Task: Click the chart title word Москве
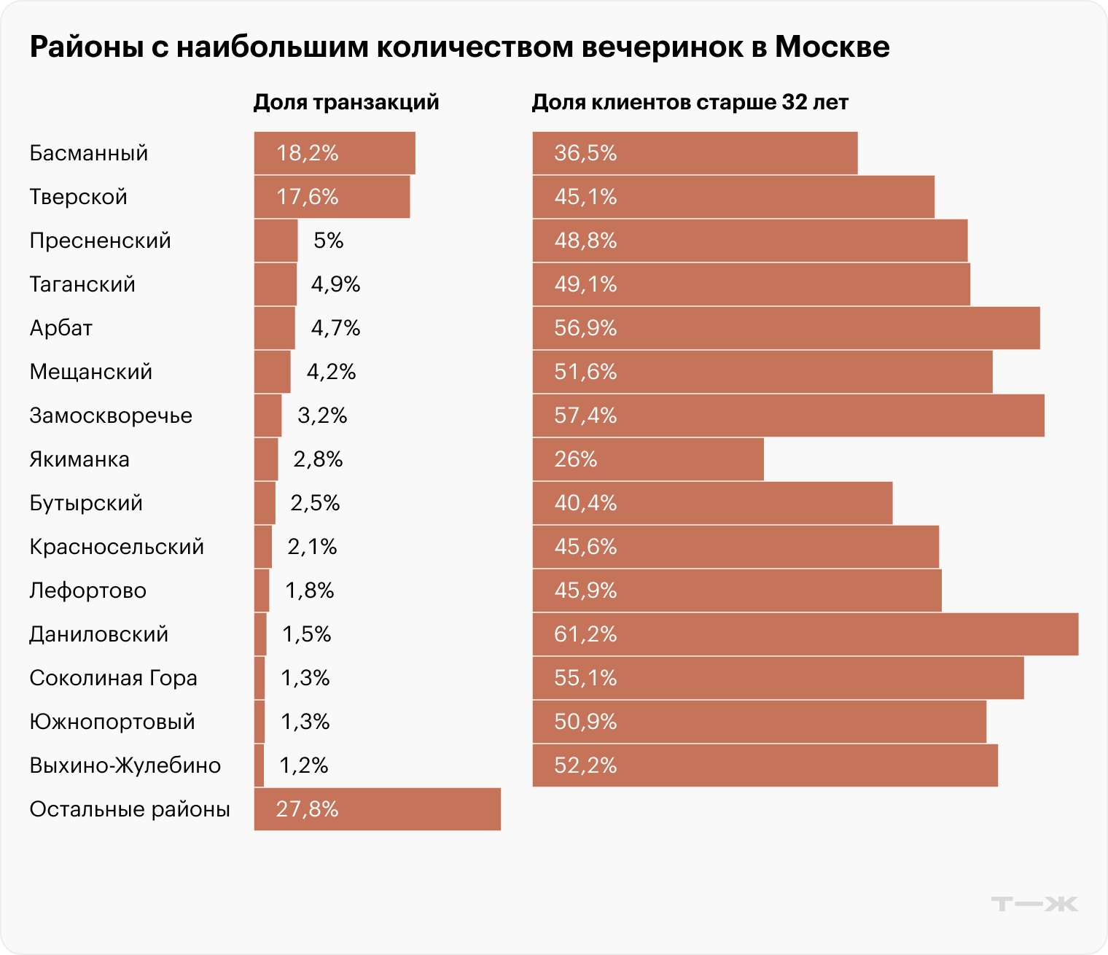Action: [832, 47]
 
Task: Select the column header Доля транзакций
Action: [346, 102]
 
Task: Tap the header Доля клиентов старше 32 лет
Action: [690, 102]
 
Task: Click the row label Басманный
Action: [89, 153]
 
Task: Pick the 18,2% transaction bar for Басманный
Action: [335, 153]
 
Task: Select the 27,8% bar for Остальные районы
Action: [377, 809]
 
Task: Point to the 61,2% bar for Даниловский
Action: [805, 634]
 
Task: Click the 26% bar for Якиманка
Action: [648, 459]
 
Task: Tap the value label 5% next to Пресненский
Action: [328, 241]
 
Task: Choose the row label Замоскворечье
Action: [111, 416]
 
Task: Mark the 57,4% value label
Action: [585, 416]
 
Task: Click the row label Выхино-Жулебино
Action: [125, 765]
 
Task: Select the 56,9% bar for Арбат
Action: [786, 328]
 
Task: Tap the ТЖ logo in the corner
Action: [1034, 904]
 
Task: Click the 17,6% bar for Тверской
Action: [332, 197]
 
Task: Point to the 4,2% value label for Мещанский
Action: [331, 372]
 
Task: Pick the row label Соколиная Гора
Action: [113, 678]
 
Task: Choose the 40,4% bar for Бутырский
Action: [712, 503]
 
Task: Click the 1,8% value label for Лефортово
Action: [310, 590]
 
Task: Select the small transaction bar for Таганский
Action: [275, 284]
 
